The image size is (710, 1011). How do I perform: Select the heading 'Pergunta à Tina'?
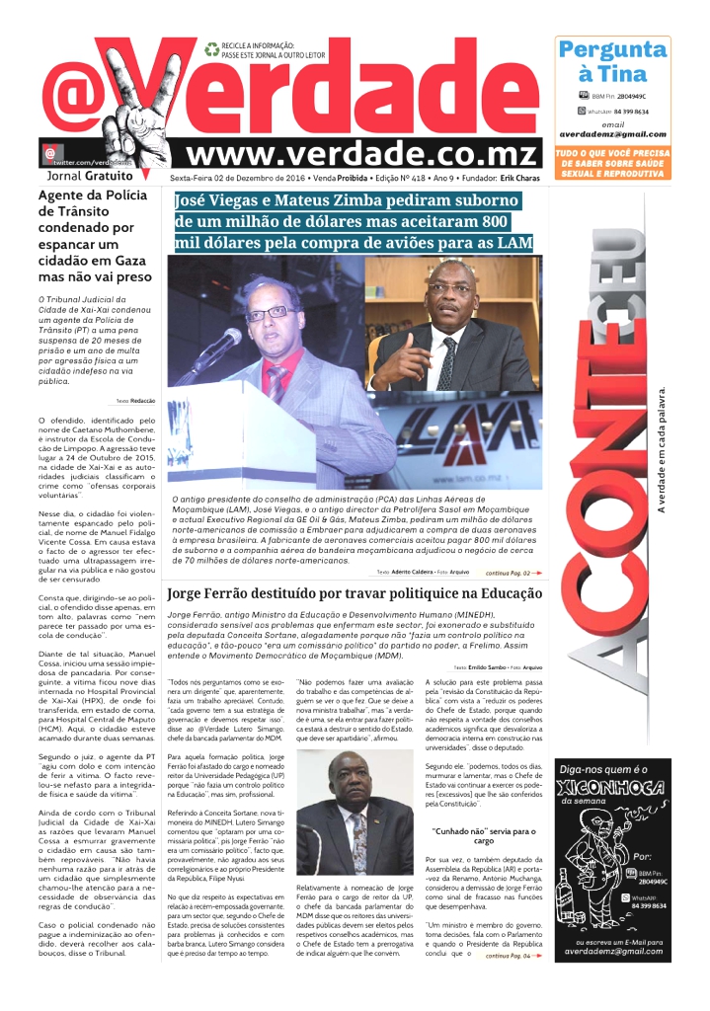click(611, 61)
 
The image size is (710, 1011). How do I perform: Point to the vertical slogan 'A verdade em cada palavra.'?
click(662, 449)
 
